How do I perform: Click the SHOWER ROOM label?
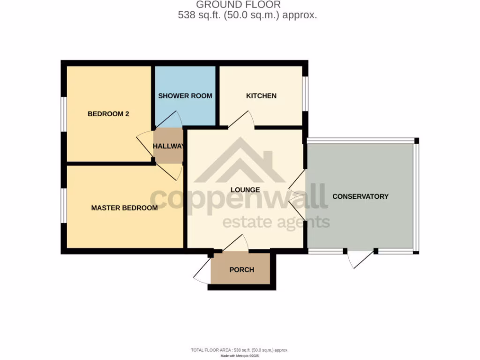pos(185,96)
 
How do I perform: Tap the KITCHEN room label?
pos(261,96)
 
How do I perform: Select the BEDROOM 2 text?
pos(108,113)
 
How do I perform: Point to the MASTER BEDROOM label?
pos(124,208)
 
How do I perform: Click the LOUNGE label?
pos(245,190)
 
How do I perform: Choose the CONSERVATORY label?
pos(360,196)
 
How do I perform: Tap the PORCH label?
pos(241,270)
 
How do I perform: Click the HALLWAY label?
pos(168,146)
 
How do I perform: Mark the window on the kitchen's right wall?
pos(304,94)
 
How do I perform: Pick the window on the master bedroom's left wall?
pos(64,206)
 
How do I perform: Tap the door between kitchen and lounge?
pos(241,120)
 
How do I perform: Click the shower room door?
pos(168,120)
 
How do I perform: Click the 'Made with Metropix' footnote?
pos(240,356)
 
